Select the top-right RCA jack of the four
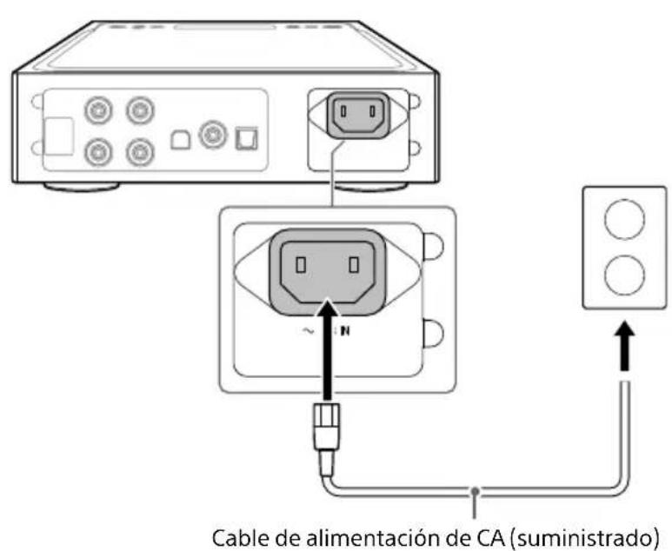click(136, 111)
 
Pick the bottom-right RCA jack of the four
click(136, 153)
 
